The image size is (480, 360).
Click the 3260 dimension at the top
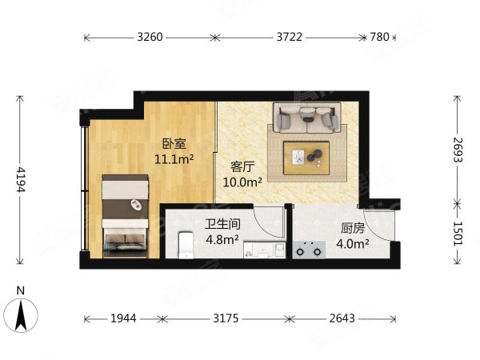pos(150,37)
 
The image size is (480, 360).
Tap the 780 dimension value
pos(379,37)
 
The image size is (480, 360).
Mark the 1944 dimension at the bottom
pos(123,318)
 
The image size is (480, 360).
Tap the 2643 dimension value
pos(343,318)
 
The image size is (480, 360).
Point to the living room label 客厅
pos(242,166)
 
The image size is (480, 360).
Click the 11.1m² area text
pos(175,159)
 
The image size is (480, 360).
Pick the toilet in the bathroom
pos(183,244)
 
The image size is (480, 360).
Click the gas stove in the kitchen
pos(309,250)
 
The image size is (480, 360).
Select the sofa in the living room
pos(307,118)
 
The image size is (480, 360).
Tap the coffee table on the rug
pos(307,155)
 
